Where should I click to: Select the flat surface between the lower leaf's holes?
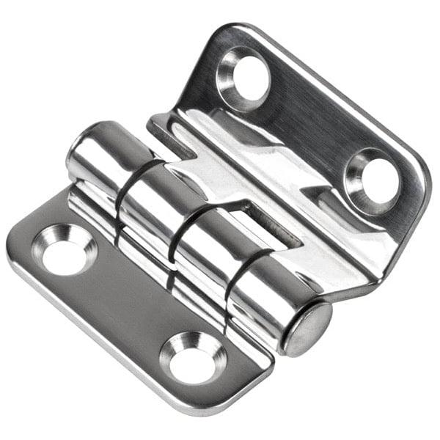[125, 308]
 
